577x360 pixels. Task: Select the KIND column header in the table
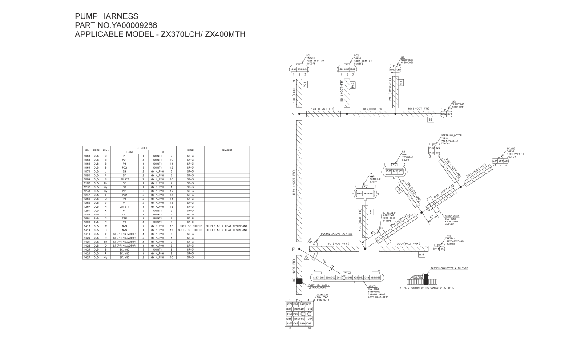pyautogui.click(x=190, y=150)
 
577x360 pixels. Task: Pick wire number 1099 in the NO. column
pyautogui.click(x=88, y=178)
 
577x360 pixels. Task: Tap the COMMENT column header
pyautogui.click(x=226, y=150)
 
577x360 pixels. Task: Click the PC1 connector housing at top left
pyautogui.click(x=299, y=69)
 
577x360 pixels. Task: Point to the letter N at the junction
pyautogui.click(x=293, y=114)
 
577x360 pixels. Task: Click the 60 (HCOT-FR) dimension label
pyautogui.click(x=370, y=109)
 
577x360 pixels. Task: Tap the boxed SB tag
pyautogui.click(x=430, y=120)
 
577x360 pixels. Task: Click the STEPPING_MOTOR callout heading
pyautogui.click(x=452, y=135)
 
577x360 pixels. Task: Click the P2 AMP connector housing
pyautogui.click(x=395, y=171)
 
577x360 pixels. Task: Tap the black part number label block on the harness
pyautogui.click(x=299, y=281)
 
